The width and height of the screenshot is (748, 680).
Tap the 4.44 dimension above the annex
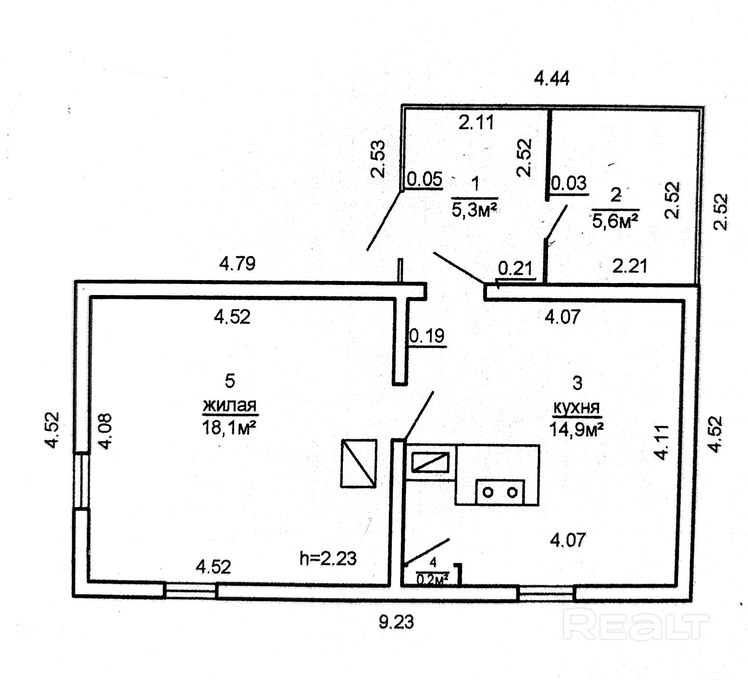[552, 77]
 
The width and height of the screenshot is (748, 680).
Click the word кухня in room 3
[577, 408]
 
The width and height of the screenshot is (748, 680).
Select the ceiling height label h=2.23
[328, 558]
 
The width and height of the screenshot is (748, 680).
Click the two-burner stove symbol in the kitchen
[500, 492]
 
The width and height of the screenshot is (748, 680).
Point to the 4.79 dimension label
[237, 263]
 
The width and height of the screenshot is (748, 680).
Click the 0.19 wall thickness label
[427, 335]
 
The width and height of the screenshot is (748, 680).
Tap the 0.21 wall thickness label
[516, 267]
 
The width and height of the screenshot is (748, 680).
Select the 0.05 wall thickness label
[424, 180]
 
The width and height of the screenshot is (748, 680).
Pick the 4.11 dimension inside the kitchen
[662, 442]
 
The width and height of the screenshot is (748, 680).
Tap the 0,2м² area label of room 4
[432, 579]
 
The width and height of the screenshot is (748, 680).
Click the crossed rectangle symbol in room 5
[359, 463]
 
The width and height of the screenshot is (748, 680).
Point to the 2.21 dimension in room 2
[630, 265]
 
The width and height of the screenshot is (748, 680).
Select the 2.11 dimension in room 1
[476, 123]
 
